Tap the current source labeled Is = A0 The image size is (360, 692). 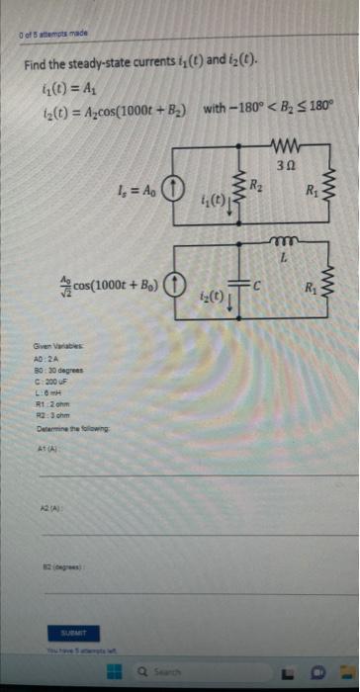(170, 188)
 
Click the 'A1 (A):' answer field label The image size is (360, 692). (46, 448)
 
